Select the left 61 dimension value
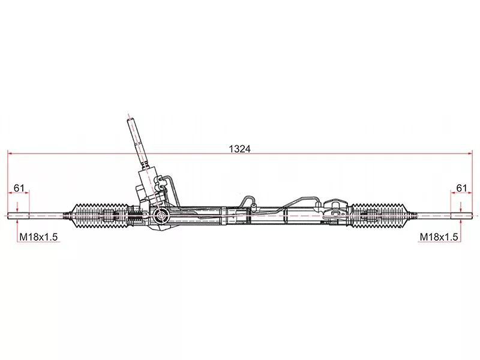click(x=19, y=188)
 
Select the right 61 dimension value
click(x=461, y=188)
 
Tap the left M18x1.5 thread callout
click(x=38, y=237)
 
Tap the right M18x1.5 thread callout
click(x=439, y=237)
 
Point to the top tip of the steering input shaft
click(x=130, y=118)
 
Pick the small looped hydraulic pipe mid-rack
click(x=247, y=201)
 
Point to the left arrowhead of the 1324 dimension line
click(x=10, y=154)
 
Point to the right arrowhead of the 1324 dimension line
click(x=469, y=154)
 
